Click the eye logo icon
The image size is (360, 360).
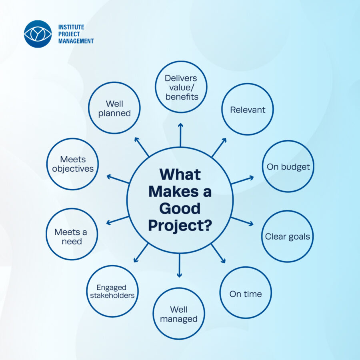[38, 34]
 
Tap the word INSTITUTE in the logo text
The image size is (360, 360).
[71, 27]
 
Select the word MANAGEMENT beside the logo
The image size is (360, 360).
[76, 41]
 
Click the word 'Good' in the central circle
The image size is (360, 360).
[180, 208]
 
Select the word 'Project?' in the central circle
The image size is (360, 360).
[180, 226]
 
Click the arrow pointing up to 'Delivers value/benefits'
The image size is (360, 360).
[180, 135]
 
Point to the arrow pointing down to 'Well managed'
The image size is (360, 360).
[180, 266]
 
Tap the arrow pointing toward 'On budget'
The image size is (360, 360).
[242, 180]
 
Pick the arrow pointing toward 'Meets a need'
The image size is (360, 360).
[117, 220]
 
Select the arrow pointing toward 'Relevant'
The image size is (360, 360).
[219, 147]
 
